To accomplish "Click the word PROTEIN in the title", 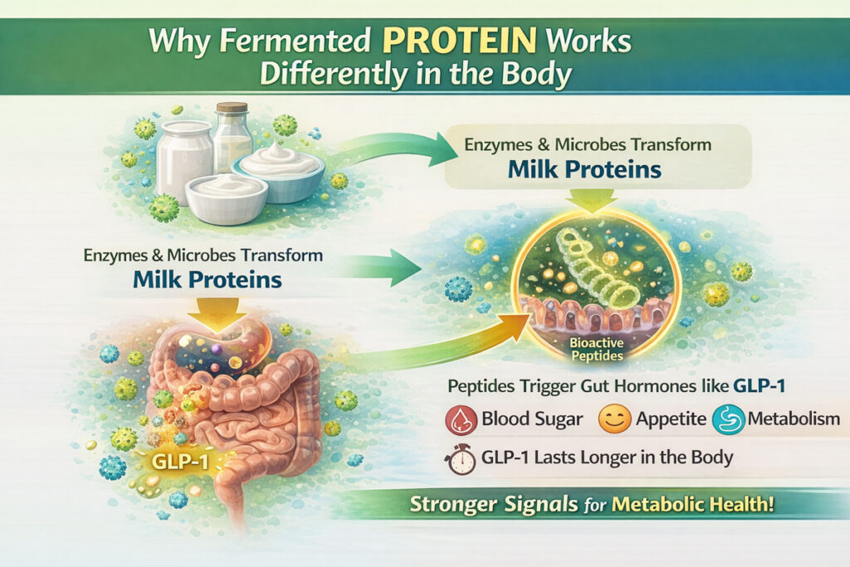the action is click(459, 40).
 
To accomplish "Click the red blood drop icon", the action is click(461, 419).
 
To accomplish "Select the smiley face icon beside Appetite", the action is click(615, 419).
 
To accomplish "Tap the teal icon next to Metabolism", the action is click(728, 419).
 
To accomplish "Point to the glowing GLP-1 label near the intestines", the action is click(180, 461).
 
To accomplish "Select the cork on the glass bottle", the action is click(232, 107).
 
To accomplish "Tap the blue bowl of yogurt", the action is click(278, 170).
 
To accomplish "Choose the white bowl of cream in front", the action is click(226, 198).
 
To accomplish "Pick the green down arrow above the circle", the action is click(591, 201).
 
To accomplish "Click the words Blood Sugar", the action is click(532, 419).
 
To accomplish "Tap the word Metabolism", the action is click(794, 418).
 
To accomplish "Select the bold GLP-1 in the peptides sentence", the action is click(759, 386).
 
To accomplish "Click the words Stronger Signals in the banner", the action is click(493, 504).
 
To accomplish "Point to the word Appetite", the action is click(671, 419).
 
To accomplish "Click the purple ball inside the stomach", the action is click(216, 349).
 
